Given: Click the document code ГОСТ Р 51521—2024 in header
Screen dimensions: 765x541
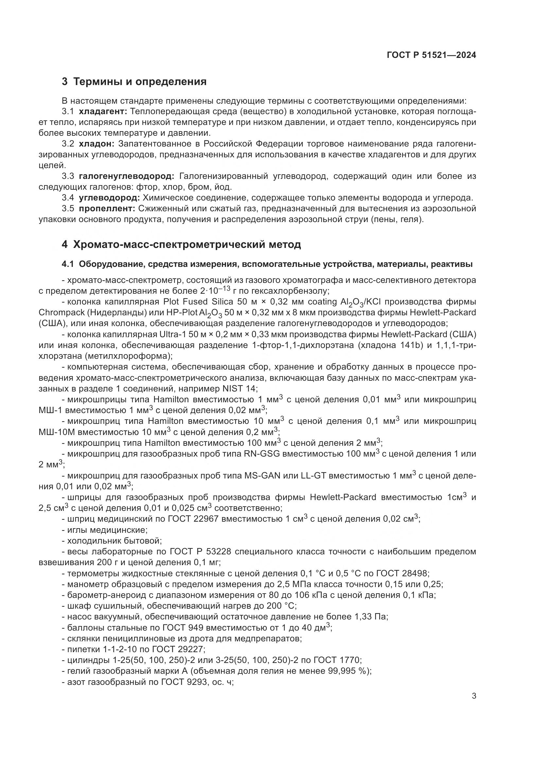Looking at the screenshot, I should coord(431,55).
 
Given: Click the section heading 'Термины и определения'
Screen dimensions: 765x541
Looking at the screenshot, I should coord(140,82).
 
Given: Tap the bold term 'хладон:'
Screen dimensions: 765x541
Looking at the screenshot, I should coord(96,144).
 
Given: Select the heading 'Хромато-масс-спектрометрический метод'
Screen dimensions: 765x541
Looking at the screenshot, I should coord(186,245).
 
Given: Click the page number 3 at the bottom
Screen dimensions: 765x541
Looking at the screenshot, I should coord(474,696).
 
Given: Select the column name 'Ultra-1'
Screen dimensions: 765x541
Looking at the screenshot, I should coord(173,334).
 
